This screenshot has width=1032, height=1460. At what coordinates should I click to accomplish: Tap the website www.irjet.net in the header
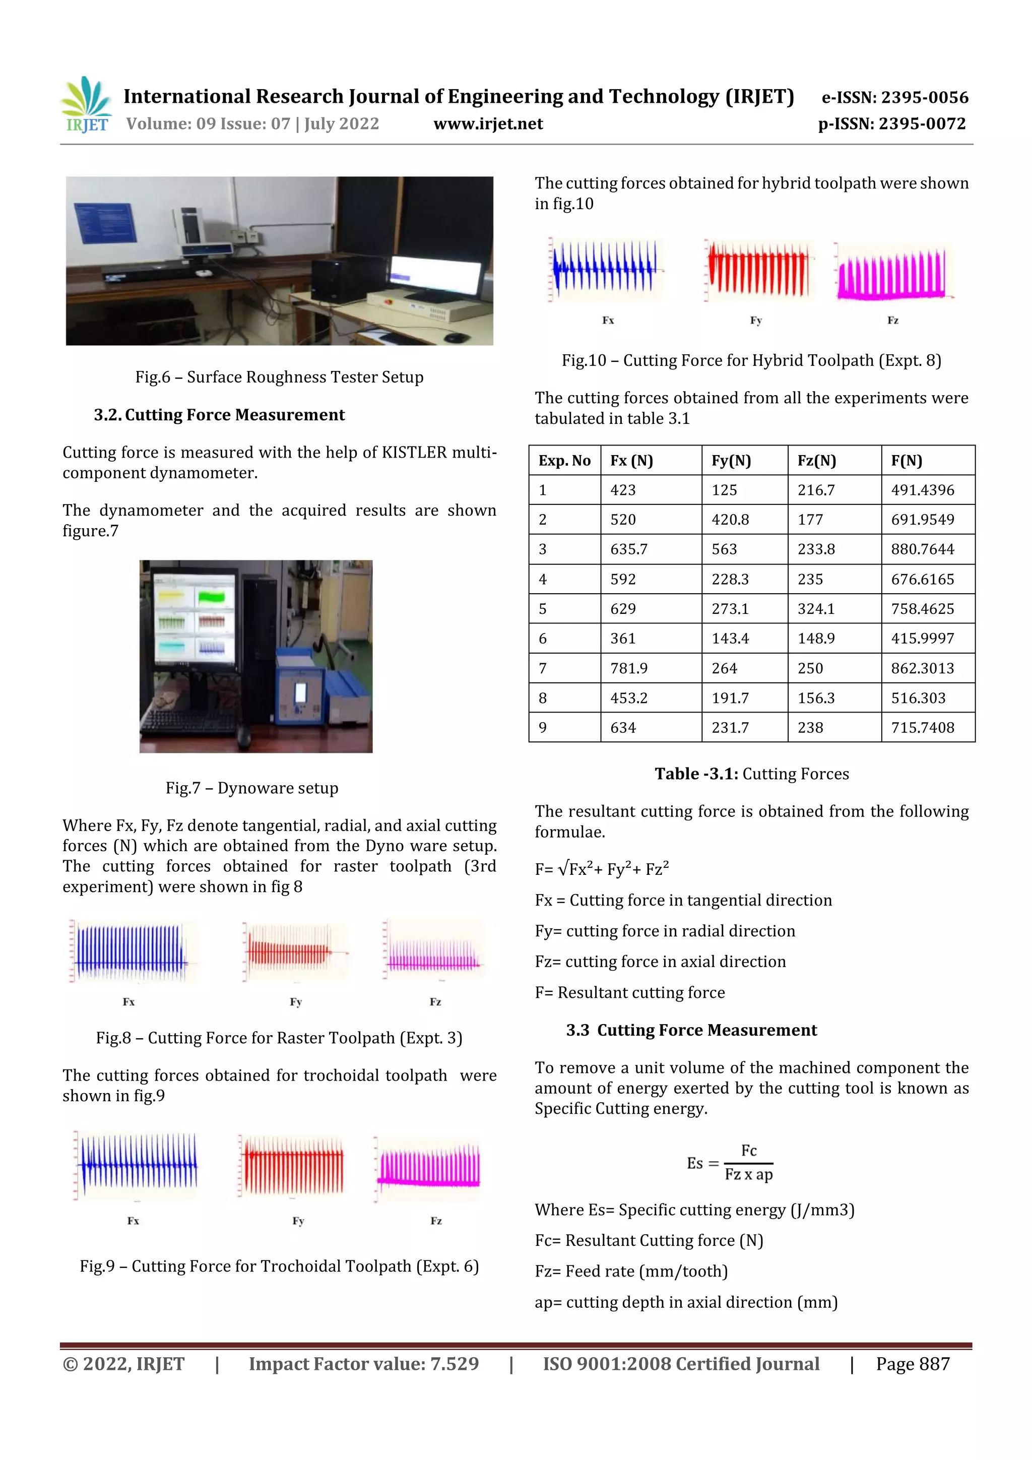pyautogui.click(x=488, y=124)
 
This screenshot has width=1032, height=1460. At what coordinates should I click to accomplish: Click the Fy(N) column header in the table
pyautogui.click(x=731, y=461)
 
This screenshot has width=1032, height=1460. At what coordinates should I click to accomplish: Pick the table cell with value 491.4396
pyautogui.click(x=922, y=490)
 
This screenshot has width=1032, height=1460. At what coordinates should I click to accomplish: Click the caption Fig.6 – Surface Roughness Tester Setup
pyautogui.click(x=279, y=377)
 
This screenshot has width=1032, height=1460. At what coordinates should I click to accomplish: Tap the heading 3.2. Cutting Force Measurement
pyautogui.click(x=219, y=415)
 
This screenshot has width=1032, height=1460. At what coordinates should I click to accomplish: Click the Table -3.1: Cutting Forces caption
pyautogui.click(x=752, y=774)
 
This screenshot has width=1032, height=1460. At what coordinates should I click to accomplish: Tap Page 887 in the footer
pyautogui.click(x=912, y=1364)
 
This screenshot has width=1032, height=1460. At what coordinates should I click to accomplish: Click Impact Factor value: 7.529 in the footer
pyautogui.click(x=363, y=1364)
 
